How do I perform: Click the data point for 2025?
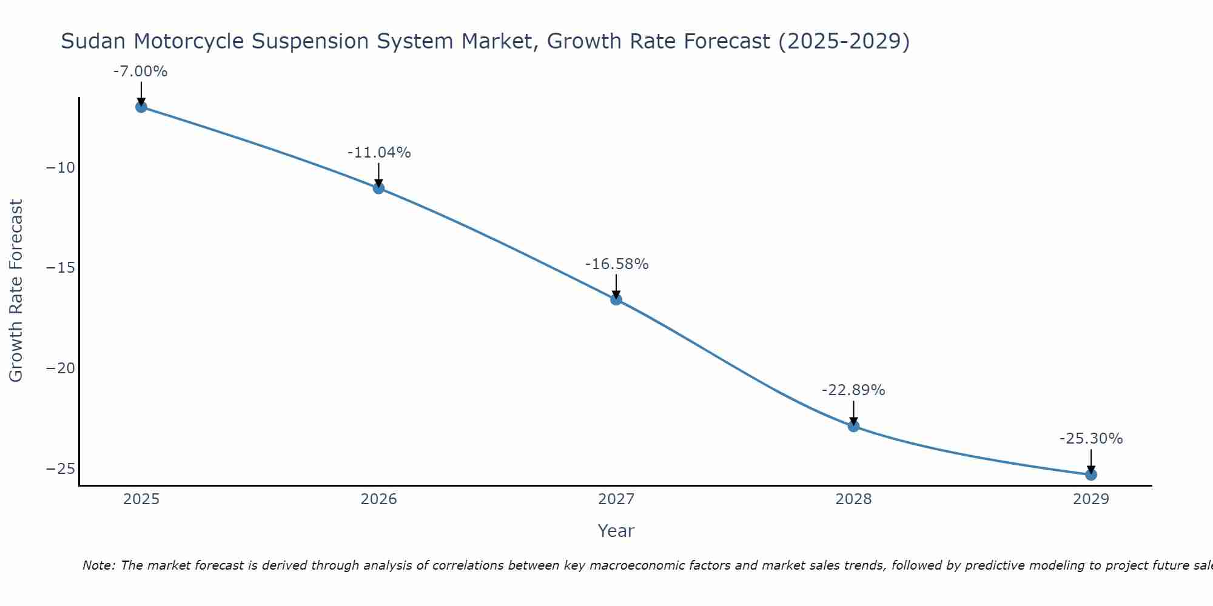(141, 107)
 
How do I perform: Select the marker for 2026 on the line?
(378, 188)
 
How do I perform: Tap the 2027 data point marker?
(616, 299)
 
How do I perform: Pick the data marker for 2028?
(853, 426)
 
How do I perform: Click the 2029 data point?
(1091, 474)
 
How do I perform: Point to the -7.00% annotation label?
(140, 72)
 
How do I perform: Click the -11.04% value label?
(379, 153)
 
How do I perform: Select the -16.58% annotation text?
(617, 264)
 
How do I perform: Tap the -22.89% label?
(853, 390)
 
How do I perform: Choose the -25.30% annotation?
(1091, 439)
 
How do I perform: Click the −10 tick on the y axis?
(61, 168)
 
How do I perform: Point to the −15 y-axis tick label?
(61, 268)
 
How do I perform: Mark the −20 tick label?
(61, 368)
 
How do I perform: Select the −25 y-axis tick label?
(61, 468)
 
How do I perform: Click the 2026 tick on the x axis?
(378, 499)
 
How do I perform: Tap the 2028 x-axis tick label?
(853, 499)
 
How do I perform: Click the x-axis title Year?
(616, 531)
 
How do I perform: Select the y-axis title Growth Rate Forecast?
(16, 291)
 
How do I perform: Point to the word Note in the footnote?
(98, 565)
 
